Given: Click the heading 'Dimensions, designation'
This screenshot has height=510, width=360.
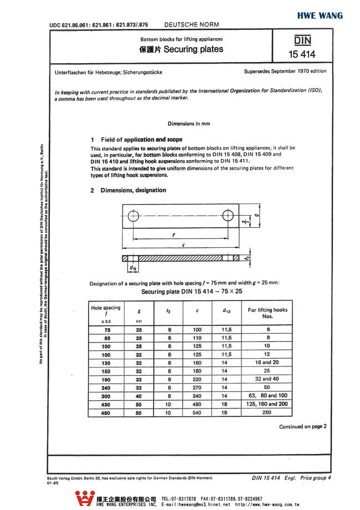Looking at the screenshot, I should click(x=133, y=190).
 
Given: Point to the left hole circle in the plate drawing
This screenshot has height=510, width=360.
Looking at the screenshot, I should click(x=132, y=216).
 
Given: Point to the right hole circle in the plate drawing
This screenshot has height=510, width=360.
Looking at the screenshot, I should click(x=228, y=216).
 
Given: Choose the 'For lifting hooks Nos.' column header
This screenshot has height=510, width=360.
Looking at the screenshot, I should click(x=268, y=313).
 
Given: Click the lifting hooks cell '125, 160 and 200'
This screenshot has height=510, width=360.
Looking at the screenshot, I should click(x=268, y=404).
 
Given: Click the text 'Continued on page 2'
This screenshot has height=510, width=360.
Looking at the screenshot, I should click(x=302, y=426).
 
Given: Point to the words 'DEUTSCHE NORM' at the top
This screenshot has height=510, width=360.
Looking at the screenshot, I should click(x=192, y=24).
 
